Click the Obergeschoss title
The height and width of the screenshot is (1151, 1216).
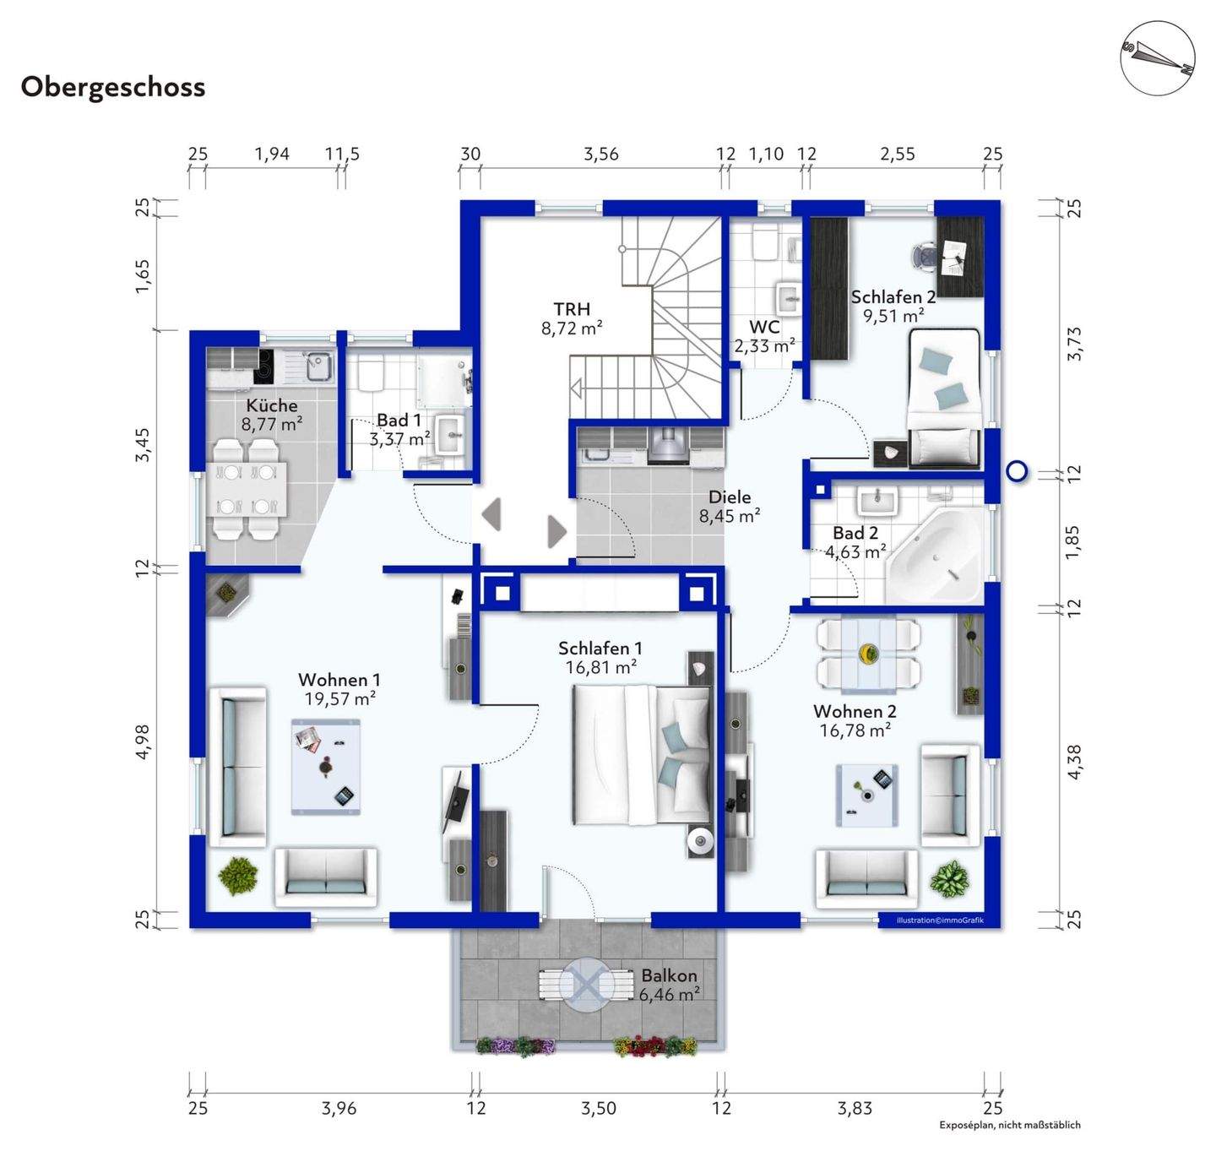(112, 87)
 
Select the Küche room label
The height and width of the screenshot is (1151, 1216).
(272, 405)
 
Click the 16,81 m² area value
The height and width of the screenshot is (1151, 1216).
(600, 667)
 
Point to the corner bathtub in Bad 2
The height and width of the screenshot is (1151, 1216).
(934, 556)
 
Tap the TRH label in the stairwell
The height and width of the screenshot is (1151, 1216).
(572, 308)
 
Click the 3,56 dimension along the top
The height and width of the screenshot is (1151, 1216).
(600, 154)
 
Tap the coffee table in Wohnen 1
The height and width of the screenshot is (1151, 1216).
(326, 766)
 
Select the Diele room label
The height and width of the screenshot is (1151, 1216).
(730, 497)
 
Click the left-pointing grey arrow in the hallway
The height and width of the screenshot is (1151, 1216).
(491, 514)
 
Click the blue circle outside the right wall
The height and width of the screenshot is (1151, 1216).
(1017, 472)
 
